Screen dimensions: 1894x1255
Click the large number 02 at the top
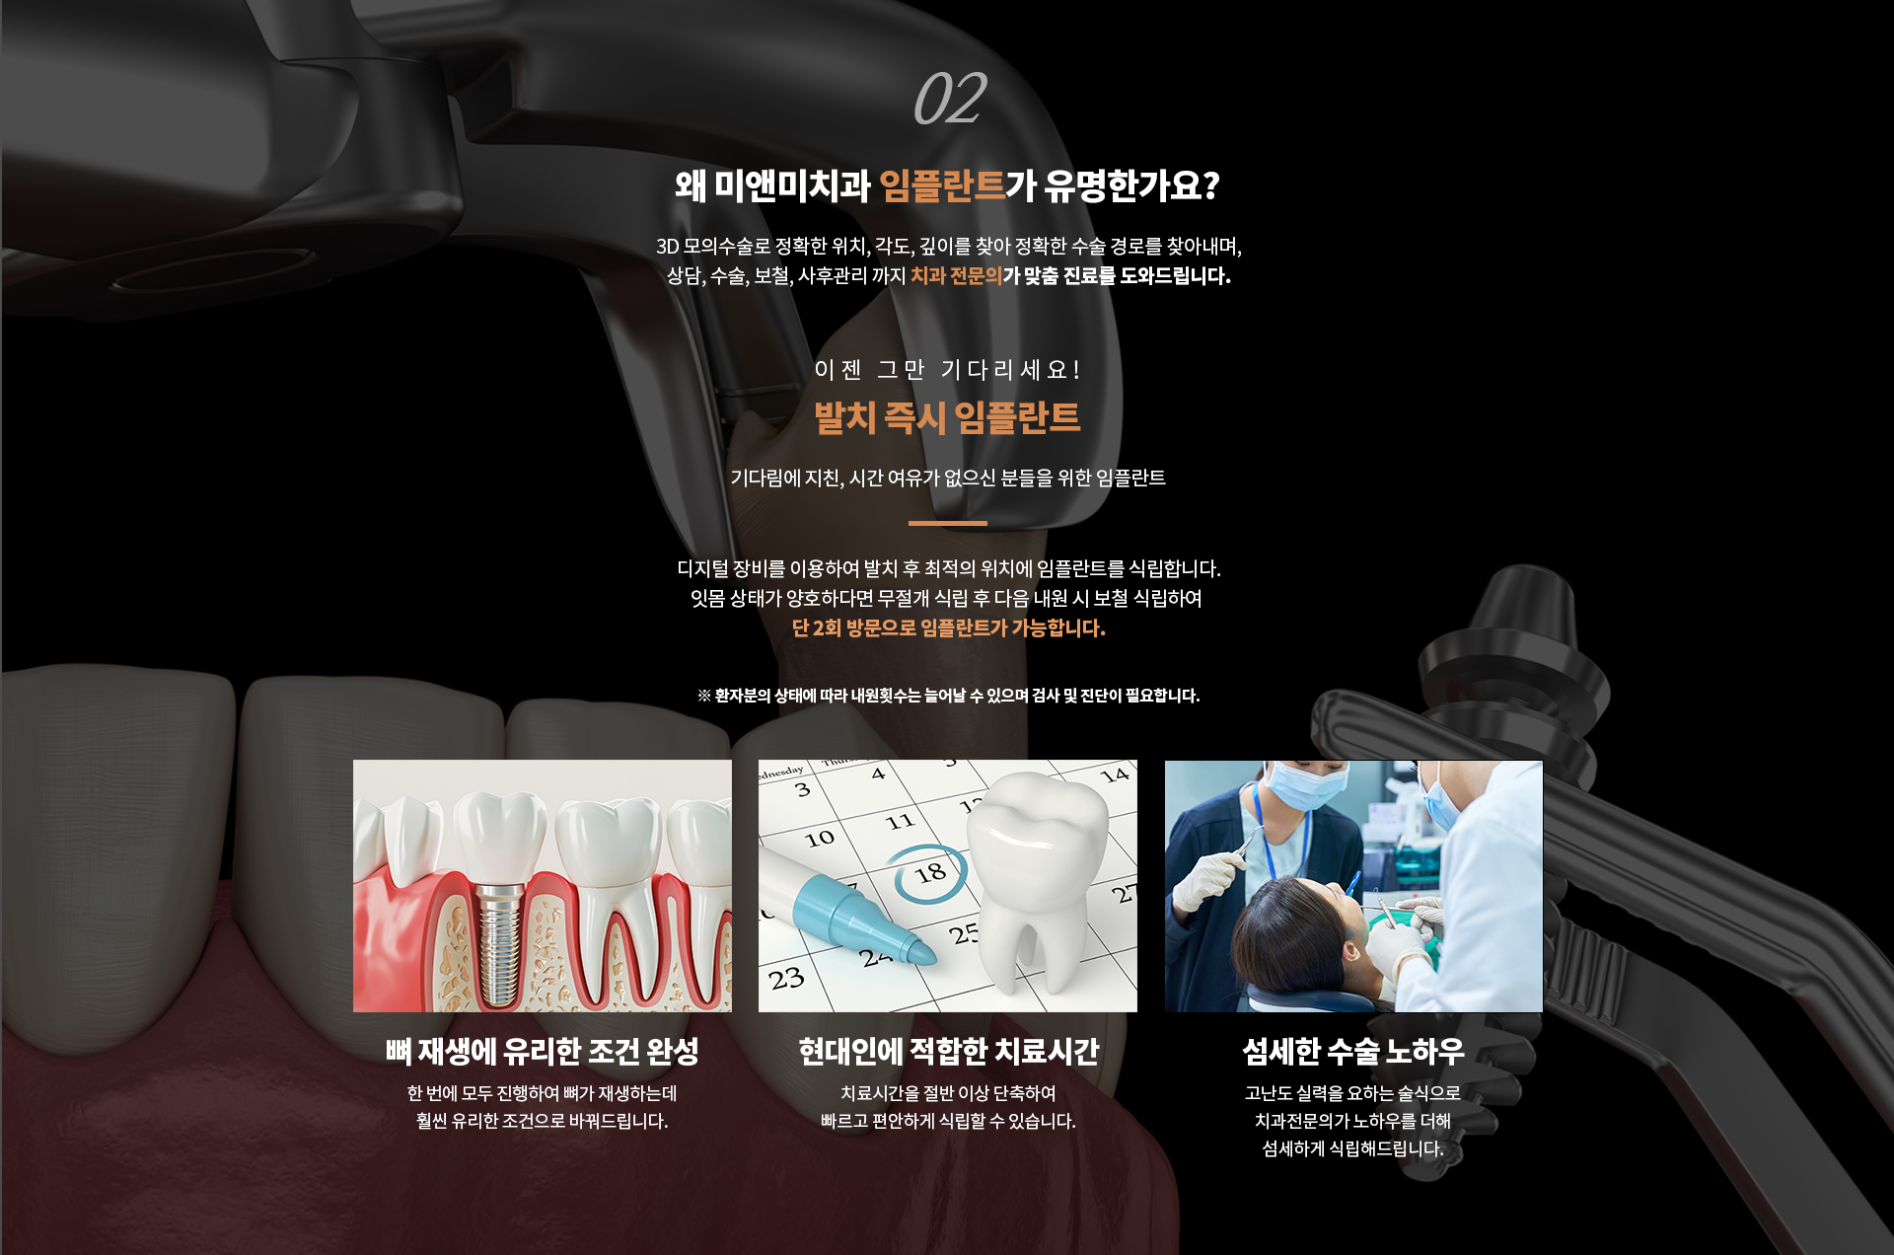click(949, 99)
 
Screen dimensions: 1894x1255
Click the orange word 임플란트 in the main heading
click(941, 185)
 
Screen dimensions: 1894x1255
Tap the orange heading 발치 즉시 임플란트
click(947, 417)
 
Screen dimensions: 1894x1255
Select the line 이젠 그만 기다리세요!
click(947, 370)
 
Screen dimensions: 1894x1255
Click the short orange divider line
click(947, 523)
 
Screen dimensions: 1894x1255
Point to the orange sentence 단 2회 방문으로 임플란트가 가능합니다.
click(948, 628)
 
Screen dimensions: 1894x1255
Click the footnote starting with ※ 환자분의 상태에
click(948, 696)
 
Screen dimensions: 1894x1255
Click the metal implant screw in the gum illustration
click(500, 942)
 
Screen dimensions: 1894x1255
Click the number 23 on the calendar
click(786, 980)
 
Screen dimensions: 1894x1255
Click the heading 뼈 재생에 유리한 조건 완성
click(543, 1052)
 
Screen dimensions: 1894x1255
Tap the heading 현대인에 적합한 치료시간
click(948, 1052)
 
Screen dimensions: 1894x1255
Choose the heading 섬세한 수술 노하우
click(1352, 1052)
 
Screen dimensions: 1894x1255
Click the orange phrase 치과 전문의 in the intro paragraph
click(956, 276)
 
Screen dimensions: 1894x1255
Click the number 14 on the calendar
click(1115, 775)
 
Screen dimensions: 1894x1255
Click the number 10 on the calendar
click(819, 839)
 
